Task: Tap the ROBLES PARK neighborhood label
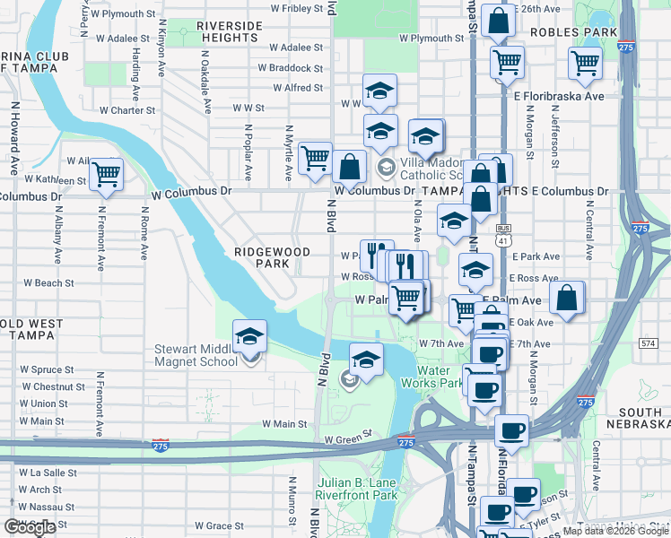(x=574, y=32)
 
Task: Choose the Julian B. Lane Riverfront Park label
(x=356, y=489)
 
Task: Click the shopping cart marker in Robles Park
(x=585, y=64)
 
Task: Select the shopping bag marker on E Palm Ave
(x=567, y=299)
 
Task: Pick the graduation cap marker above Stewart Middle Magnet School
(x=249, y=337)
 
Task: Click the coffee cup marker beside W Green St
(x=511, y=430)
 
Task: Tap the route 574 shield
(x=649, y=343)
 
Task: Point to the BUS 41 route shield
(x=502, y=235)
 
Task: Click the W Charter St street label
(x=127, y=110)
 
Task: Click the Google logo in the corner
(x=30, y=527)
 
